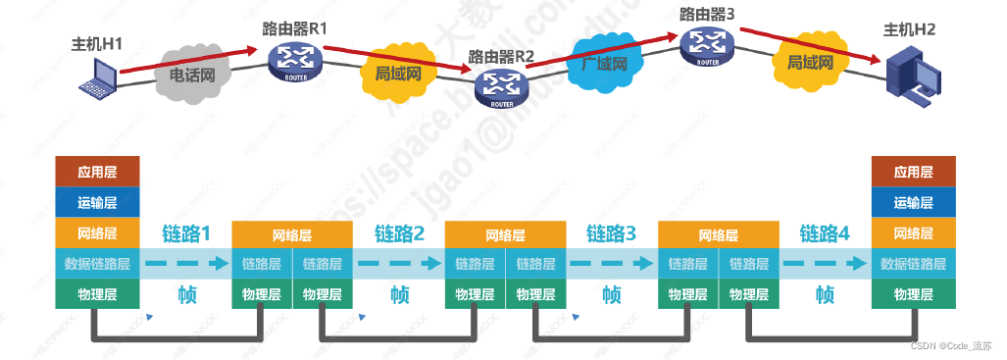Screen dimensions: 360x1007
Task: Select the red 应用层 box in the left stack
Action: click(98, 172)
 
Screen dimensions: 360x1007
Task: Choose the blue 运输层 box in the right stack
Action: click(912, 203)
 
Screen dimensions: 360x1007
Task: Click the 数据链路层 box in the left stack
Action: click(98, 264)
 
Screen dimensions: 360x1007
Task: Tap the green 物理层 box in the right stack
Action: click(912, 294)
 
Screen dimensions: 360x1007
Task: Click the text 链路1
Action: click(187, 234)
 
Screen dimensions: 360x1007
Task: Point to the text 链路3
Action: click(612, 234)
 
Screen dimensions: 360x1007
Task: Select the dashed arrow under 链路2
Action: click(399, 264)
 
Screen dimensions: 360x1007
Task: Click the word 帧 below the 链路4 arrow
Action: click(825, 294)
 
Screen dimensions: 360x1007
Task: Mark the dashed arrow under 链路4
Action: click(825, 264)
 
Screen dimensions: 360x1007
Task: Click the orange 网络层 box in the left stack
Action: click(98, 233)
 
